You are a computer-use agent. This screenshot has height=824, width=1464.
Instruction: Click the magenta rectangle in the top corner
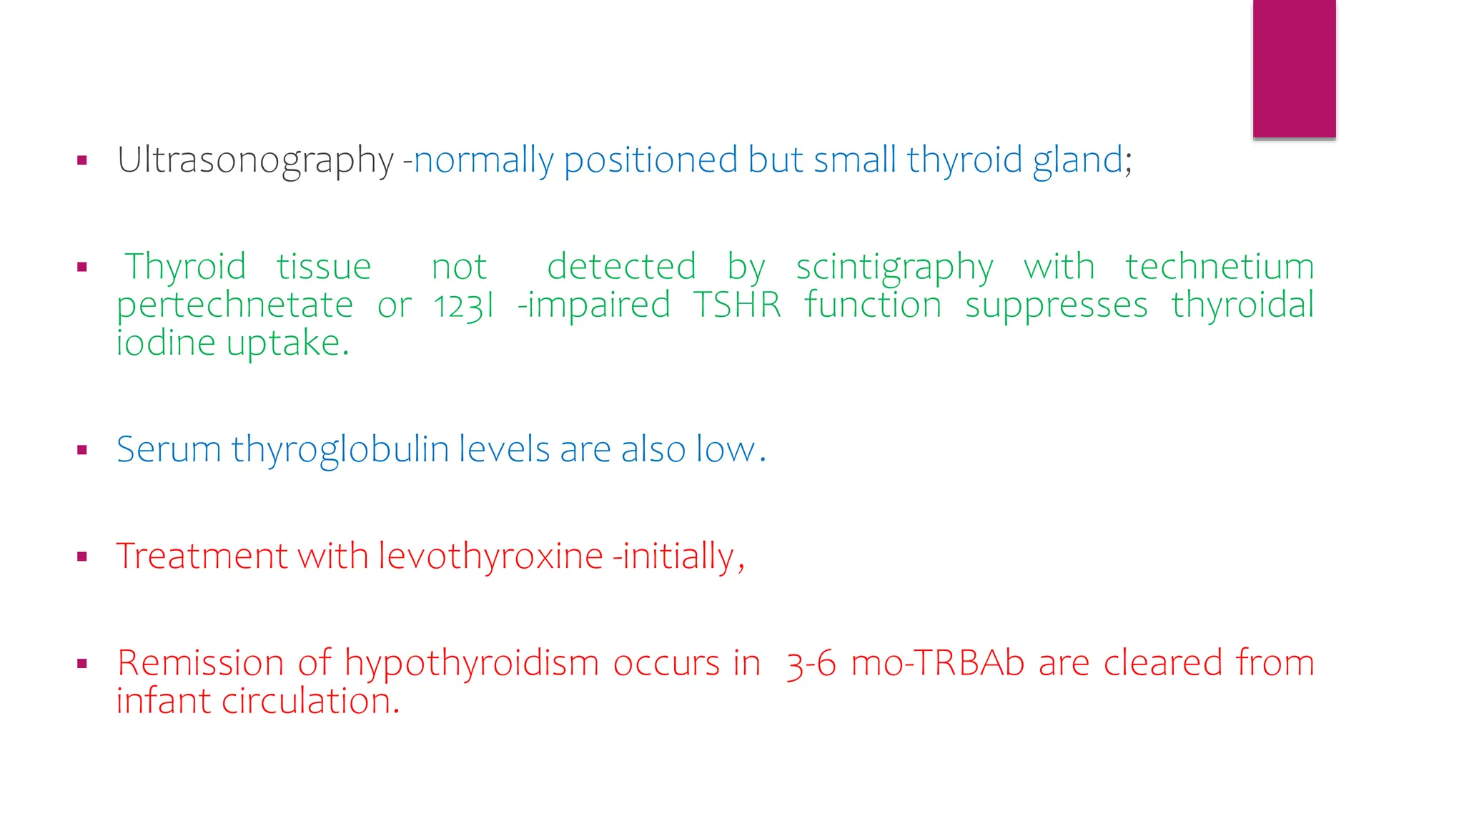click(x=1294, y=68)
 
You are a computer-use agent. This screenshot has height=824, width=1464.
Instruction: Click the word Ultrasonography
click(x=255, y=160)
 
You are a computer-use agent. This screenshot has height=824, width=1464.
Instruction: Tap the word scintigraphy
click(x=894, y=268)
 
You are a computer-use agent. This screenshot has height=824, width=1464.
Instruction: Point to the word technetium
click(x=1220, y=267)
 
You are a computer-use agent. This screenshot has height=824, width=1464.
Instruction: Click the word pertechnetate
click(x=235, y=305)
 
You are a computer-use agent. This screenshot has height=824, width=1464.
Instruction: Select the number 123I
click(x=464, y=305)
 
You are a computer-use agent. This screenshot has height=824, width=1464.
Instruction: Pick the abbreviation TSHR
click(x=737, y=305)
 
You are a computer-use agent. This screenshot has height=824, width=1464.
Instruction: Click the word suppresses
click(x=1056, y=305)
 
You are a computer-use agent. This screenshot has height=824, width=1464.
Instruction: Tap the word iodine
click(x=166, y=343)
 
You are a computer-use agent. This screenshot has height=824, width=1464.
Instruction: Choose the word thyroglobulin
click(x=340, y=450)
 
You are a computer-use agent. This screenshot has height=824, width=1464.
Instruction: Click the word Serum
click(x=169, y=450)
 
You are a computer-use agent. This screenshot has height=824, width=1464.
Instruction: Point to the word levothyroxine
click(x=490, y=556)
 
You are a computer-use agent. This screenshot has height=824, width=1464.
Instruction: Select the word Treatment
click(x=202, y=556)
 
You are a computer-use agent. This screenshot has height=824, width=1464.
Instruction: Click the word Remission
click(x=200, y=663)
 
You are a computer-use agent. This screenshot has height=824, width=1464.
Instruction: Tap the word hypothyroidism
click(x=471, y=663)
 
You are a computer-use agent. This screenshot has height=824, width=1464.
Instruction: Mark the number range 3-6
click(x=811, y=664)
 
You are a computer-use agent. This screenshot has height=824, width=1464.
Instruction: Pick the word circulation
click(x=310, y=701)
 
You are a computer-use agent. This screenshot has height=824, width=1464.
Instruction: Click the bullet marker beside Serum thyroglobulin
click(x=82, y=450)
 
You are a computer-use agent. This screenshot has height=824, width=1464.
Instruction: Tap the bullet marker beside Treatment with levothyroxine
click(x=82, y=556)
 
